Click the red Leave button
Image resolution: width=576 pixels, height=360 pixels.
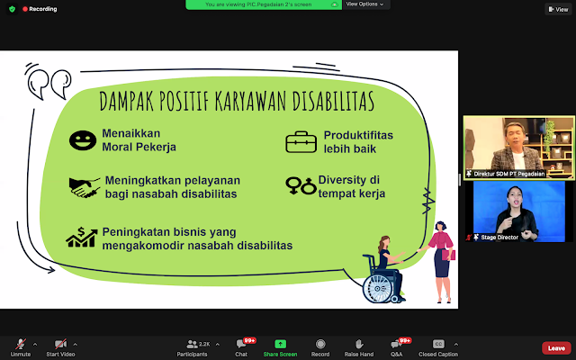[556, 348]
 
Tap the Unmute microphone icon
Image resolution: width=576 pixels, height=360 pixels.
[20, 345]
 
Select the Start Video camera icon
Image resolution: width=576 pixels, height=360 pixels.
[61, 345]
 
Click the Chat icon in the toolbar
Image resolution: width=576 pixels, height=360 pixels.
[241, 345]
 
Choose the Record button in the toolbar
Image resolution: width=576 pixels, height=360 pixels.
[320, 345]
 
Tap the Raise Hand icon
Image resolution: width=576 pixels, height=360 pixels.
[358, 345]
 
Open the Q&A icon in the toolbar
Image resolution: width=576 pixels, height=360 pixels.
[396, 345]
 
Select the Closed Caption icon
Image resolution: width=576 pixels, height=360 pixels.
[439, 345]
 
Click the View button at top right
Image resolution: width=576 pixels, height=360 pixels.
[556, 9]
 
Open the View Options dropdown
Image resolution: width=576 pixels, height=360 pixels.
[364, 4]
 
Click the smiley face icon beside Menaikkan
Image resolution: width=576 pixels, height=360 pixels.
[83, 140]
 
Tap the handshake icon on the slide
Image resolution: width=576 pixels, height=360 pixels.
[85, 187]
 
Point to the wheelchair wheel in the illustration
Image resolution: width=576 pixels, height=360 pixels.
[379, 288]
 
